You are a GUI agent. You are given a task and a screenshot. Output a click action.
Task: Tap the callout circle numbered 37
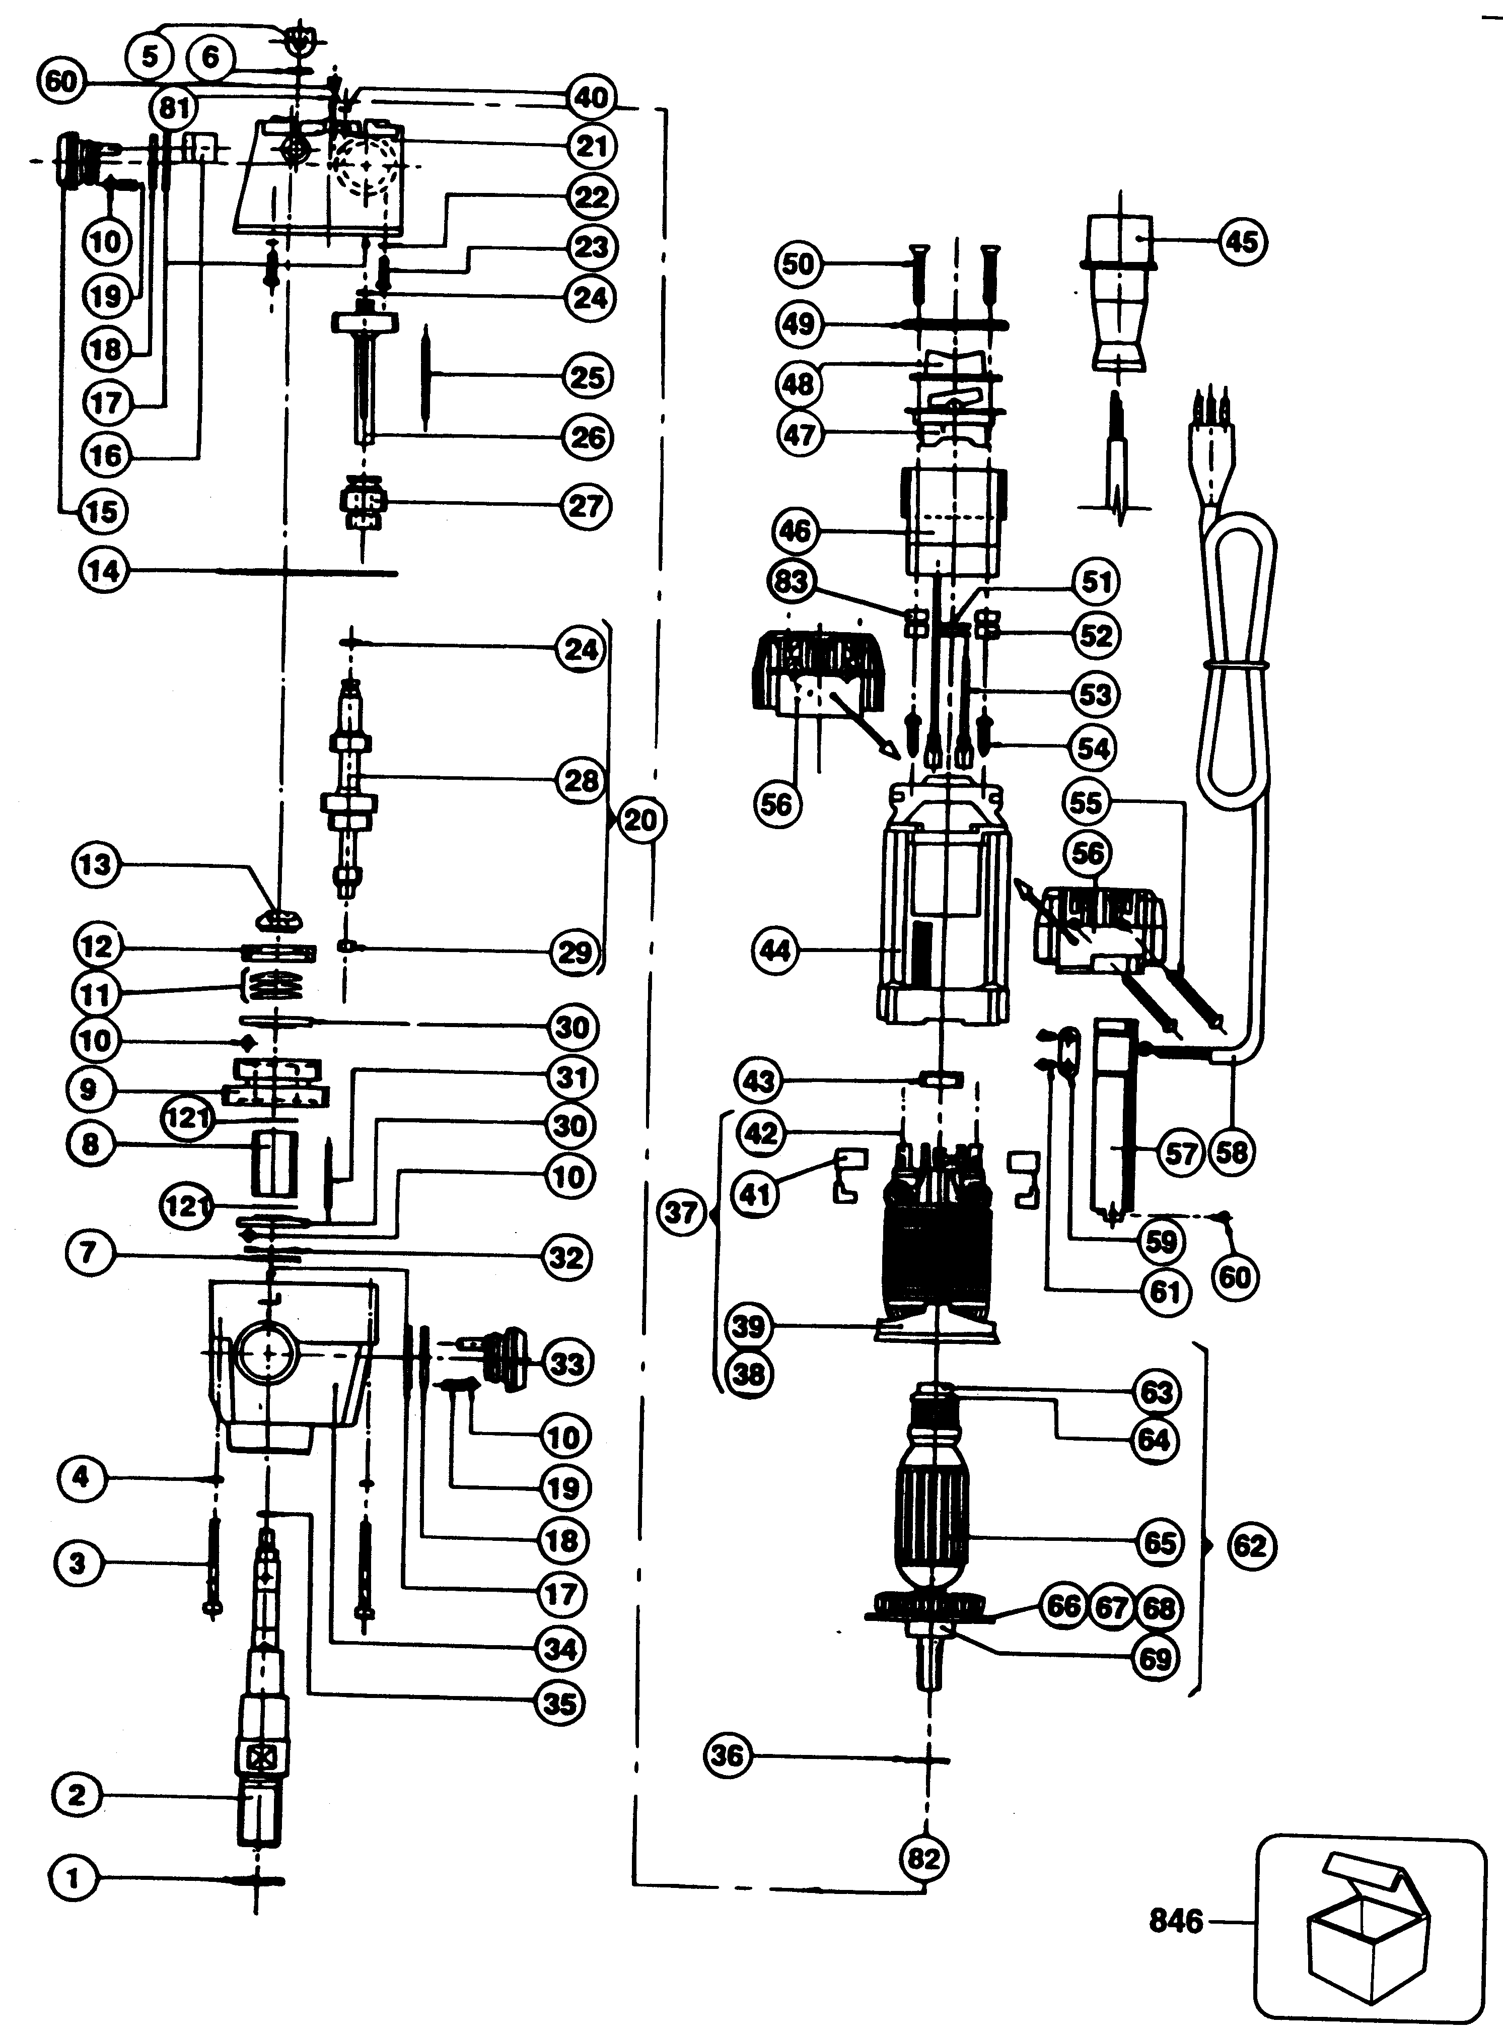[x=681, y=1213]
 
